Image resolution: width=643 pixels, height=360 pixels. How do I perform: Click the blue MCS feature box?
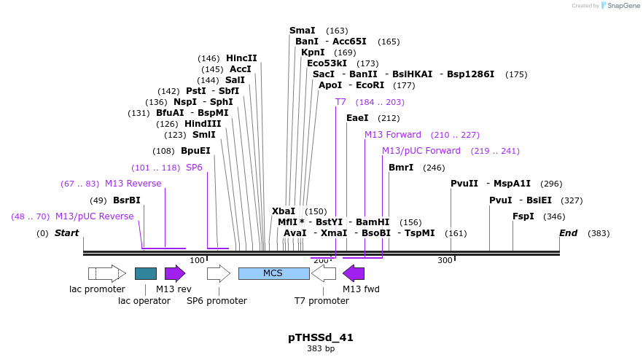(273, 273)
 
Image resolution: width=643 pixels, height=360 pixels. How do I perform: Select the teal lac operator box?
(146, 273)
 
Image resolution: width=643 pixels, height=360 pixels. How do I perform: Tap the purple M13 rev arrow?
(175, 273)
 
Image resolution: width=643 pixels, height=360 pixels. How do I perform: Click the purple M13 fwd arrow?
(354, 273)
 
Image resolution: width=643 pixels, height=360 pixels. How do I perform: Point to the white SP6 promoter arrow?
(219, 273)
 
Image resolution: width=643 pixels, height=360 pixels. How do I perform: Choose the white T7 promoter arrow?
(324, 273)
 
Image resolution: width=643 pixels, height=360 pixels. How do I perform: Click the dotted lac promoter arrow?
(106, 273)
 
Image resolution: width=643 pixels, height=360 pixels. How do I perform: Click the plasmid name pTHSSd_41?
(321, 337)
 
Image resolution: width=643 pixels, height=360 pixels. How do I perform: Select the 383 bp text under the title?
(321, 349)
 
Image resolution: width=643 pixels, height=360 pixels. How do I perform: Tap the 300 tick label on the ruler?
(445, 260)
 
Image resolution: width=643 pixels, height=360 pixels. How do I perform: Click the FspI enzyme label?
(523, 216)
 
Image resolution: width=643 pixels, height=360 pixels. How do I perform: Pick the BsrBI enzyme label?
(127, 200)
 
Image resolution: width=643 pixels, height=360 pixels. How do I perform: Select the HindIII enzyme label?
(203, 124)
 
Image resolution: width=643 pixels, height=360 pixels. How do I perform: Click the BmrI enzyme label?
(401, 168)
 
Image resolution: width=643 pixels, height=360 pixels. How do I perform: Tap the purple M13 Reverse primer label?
(133, 184)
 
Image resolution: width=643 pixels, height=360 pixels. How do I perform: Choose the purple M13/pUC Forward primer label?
(421, 151)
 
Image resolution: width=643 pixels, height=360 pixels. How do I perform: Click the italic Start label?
(66, 233)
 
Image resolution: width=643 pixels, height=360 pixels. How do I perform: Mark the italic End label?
(568, 233)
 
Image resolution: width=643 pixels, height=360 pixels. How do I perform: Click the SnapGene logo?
(620, 6)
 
